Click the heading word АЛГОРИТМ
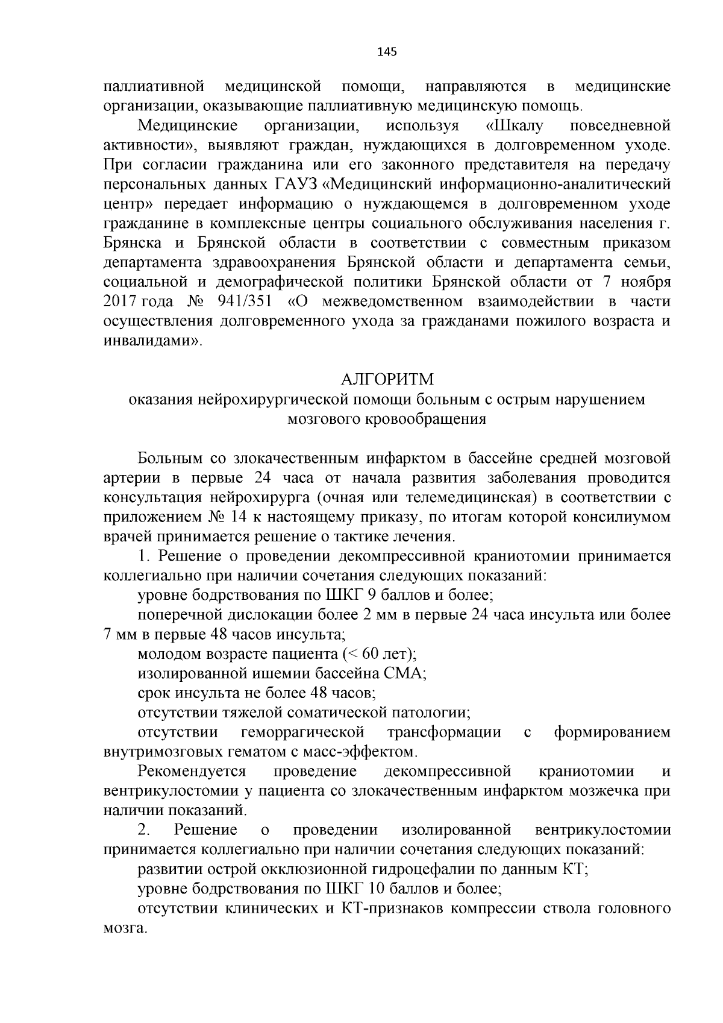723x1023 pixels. click(x=387, y=379)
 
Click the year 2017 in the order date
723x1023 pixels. click(x=121, y=301)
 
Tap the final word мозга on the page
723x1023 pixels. click(x=125, y=927)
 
